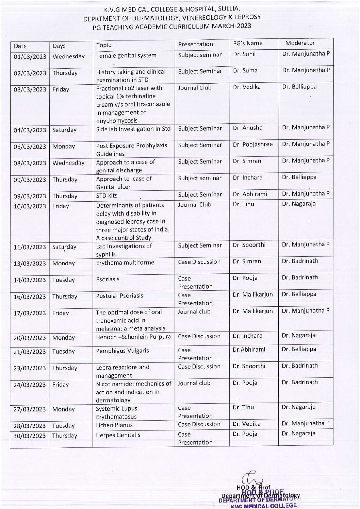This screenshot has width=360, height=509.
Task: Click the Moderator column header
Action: [300, 43]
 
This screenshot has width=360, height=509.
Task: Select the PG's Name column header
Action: [248, 44]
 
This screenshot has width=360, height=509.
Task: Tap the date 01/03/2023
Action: [30, 56]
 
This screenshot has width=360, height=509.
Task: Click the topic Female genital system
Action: [126, 55]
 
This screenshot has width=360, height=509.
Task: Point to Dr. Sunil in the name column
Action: [244, 54]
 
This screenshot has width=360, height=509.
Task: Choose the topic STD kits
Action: [107, 196]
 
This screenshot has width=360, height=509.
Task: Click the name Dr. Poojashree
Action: [253, 144]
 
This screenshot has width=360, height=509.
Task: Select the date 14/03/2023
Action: [30, 280]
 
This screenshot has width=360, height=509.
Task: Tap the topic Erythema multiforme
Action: [125, 262]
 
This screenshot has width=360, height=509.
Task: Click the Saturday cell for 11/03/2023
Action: [64, 247]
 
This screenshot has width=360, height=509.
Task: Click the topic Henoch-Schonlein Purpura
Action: [133, 337]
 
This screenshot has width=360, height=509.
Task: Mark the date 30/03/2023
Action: [30, 436]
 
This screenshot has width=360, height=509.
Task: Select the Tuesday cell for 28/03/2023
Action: [63, 426]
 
